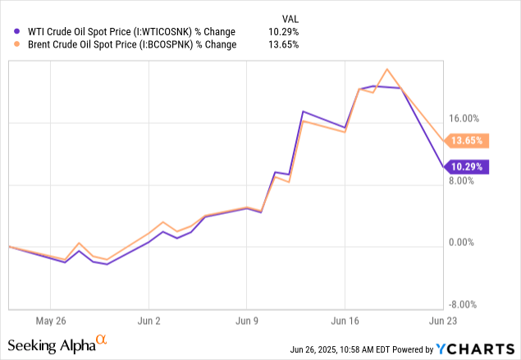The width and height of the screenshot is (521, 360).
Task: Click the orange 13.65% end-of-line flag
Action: tap(468, 140)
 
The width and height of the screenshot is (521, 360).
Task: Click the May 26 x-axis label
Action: tap(51, 321)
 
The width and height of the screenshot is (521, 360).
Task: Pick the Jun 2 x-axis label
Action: tap(149, 321)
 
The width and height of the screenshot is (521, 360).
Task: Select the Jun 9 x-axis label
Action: tap(247, 321)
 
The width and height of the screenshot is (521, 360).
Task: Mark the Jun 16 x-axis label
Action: tap(345, 321)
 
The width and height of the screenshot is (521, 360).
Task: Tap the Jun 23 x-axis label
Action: tap(443, 321)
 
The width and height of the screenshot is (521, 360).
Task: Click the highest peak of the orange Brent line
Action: tap(387, 69)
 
